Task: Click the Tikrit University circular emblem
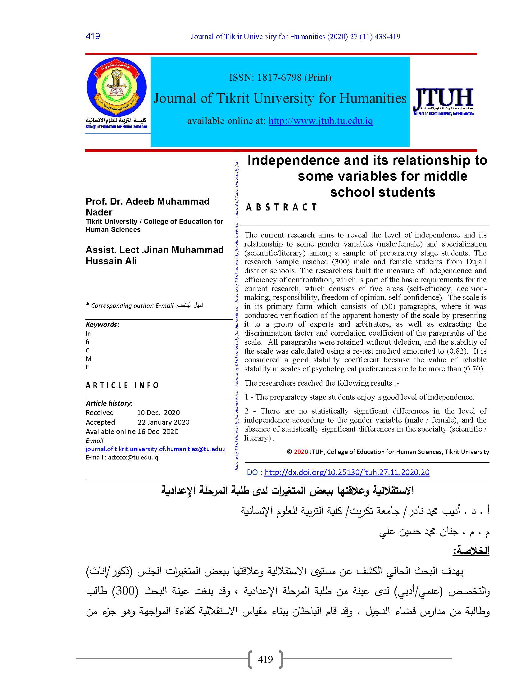click(116, 87)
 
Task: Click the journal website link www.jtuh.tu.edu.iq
click(321, 121)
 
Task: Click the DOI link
click(347, 472)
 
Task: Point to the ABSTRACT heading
click(281, 207)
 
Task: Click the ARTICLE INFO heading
click(122, 385)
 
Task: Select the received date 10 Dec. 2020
click(158, 413)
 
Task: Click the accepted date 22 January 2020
click(163, 422)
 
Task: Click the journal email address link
click(156, 449)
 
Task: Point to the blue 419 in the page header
click(93, 36)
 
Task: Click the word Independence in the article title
click(294, 161)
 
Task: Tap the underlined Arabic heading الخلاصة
click(471, 550)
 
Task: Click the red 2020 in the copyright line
click(301, 452)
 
